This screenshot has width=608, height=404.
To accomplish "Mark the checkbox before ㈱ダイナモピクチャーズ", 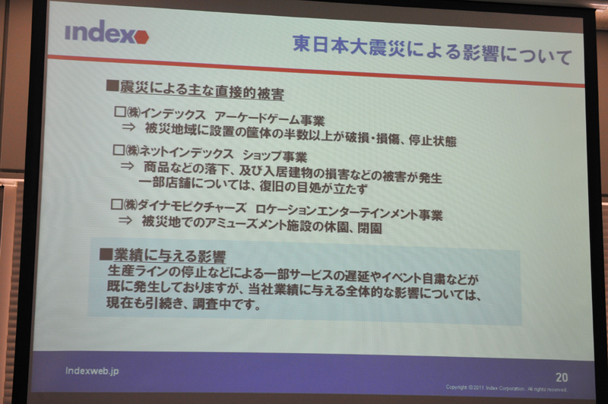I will (117, 204).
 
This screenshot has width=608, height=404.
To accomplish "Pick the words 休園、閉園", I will (350, 229).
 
